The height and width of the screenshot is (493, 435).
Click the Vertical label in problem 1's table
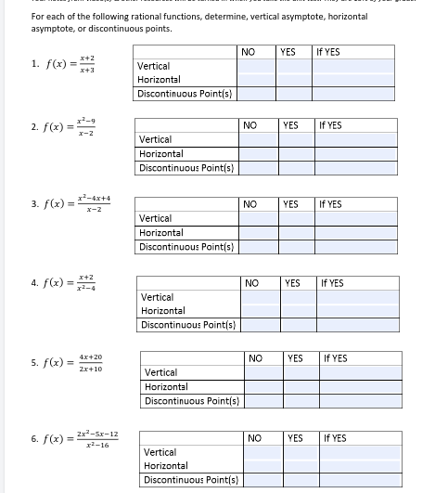pyautogui.click(x=153, y=67)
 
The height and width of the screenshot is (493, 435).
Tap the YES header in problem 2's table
pyautogui.click(x=290, y=124)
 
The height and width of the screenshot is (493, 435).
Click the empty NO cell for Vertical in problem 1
pyautogui.click(x=247, y=67)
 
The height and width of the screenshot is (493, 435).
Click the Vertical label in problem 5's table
pyautogui.click(x=161, y=372)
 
